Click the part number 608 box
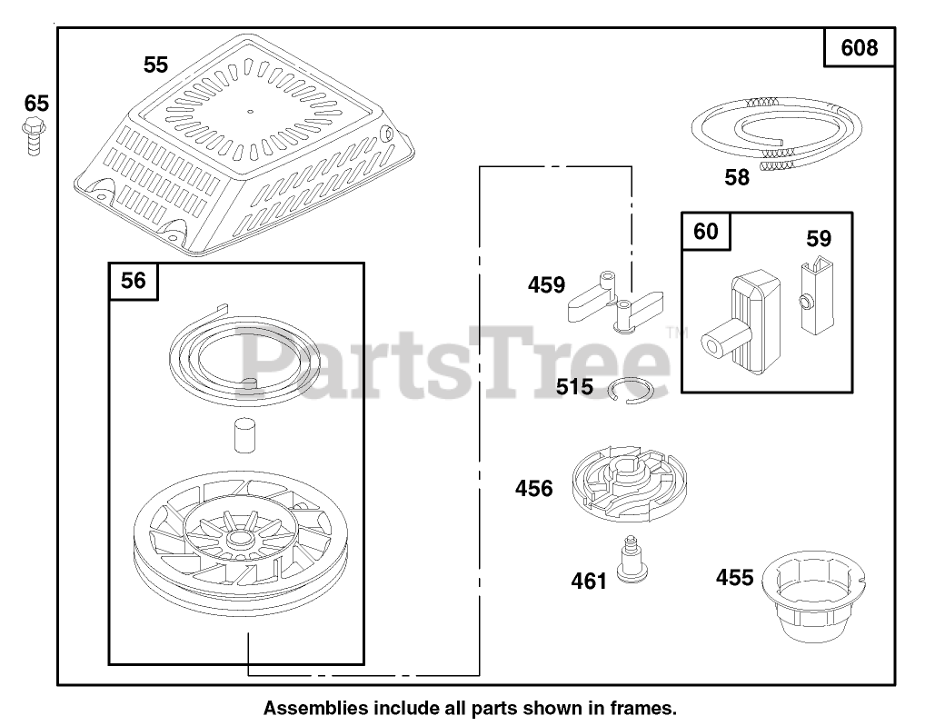pyautogui.click(x=859, y=47)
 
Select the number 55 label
pyautogui.click(x=155, y=65)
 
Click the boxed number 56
pyautogui.click(x=133, y=281)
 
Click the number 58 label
pyautogui.click(x=737, y=178)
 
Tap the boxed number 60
pyautogui.click(x=705, y=232)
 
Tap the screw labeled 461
pyautogui.click(x=626, y=557)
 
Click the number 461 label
pyautogui.click(x=588, y=580)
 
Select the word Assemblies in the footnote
pyautogui.click(x=308, y=707)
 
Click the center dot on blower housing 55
pyautogui.click(x=250, y=112)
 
